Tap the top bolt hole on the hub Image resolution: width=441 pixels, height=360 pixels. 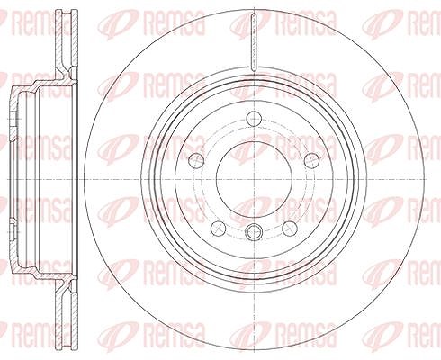click(254, 119)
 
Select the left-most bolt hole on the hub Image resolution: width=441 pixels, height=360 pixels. click(196, 160)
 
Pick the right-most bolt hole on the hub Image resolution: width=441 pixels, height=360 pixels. click(312, 160)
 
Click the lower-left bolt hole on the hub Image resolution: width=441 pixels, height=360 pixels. click(219, 229)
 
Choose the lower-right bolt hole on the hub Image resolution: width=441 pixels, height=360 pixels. click(290, 229)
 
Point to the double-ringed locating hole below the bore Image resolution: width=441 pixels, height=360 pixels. click(254, 231)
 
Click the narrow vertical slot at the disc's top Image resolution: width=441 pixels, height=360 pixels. click(254, 41)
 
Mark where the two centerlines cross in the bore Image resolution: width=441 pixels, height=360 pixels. click(254, 179)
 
